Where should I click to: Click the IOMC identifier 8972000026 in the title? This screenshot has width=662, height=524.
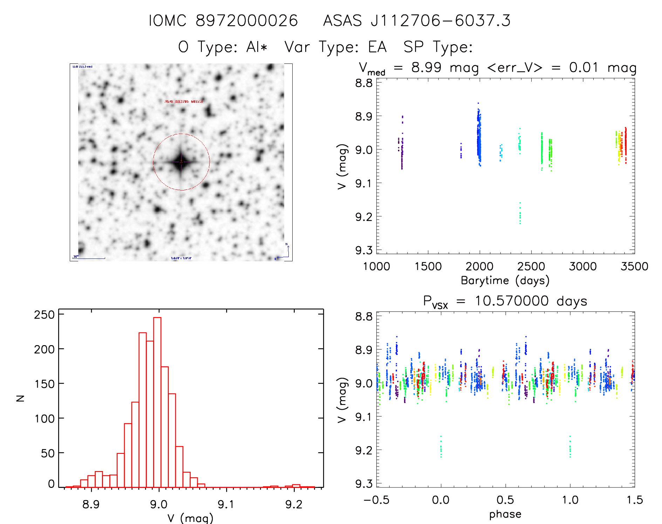point(246,21)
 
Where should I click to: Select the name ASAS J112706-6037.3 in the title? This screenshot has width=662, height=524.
point(417,21)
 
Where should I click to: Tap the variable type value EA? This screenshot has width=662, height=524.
point(377,47)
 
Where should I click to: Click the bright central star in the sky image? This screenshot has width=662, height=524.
point(181,162)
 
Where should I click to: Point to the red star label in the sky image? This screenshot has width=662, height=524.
point(184,101)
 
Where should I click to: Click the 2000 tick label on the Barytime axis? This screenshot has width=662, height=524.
point(479,267)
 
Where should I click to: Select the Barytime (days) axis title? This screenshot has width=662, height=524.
point(505,281)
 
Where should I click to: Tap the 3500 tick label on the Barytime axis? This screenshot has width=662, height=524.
point(634,267)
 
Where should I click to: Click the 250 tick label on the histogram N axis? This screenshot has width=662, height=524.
point(45,315)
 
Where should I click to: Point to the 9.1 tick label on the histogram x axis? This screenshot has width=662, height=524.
point(226,504)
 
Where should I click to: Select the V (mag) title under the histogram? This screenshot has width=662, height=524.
point(190,518)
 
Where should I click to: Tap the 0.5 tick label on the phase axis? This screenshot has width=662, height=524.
point(505,500)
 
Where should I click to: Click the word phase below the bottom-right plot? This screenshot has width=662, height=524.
point(505,514)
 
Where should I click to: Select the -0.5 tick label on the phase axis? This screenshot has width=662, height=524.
point(376,500)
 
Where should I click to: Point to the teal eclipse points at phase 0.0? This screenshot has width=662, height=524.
point(441,447)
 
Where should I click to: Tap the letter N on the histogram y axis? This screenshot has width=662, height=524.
point(21,398)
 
